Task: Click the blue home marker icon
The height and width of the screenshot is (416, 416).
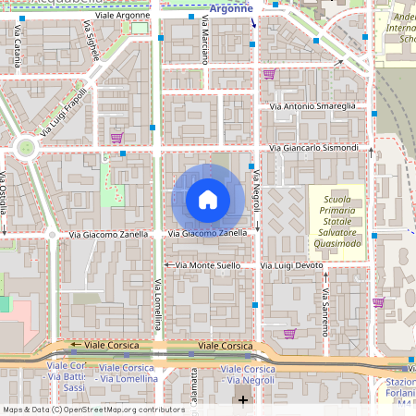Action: point(208,200)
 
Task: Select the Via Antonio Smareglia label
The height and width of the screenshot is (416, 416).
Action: point(312,107)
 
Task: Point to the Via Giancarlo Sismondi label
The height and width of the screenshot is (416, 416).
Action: point(312,148)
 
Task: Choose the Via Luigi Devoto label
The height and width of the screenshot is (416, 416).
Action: point(292,265)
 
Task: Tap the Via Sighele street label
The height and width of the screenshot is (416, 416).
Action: point(93,43)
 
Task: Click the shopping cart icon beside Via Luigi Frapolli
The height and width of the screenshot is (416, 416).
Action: point(116,139)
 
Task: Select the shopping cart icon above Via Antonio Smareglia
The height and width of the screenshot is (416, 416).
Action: point(269,75)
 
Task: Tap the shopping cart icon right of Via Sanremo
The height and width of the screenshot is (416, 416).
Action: point(378,302)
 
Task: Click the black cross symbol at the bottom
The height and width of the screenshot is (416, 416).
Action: point(243,399)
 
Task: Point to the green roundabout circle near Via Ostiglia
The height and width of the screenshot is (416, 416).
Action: point(27,146)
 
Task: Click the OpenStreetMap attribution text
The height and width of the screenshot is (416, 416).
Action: point(93,410)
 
